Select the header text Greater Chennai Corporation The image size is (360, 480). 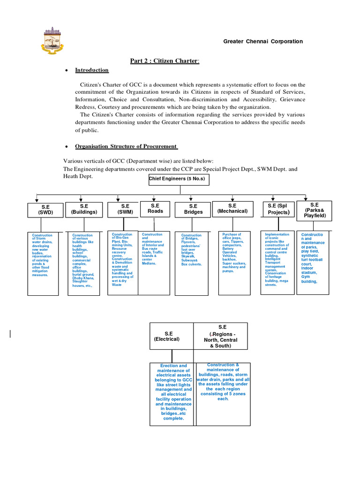pyautogui.click(x=262, y=41)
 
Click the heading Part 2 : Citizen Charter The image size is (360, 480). pyautogui.click(x=165, y=61)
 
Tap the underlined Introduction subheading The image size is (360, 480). pyautogui.click(x=92, y=70)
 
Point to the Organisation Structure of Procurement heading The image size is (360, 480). pyautogui.click(x=126, y=146)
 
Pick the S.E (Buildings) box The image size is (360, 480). pyautogui.click(x=84, y=209)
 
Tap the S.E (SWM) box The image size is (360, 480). pyautogui.click(x=123, y=209)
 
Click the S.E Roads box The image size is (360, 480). pyautogui.click(x=155, y=208)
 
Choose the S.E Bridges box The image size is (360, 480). pyautogui.click(x=193, y=209)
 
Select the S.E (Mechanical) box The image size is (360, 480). pyautogui.click(x=232, y=208)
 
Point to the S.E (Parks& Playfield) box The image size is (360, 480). pyautogui.click(x=314, y=210)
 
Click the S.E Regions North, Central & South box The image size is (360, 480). pyautogui.click(x=221, y=336)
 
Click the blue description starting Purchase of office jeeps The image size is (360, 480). pyautogui.click(x=234, y=253)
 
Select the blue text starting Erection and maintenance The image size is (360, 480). pyautogui.click(x=173, y=392)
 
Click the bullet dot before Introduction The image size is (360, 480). pyautogui.click(x=67, y=70)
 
